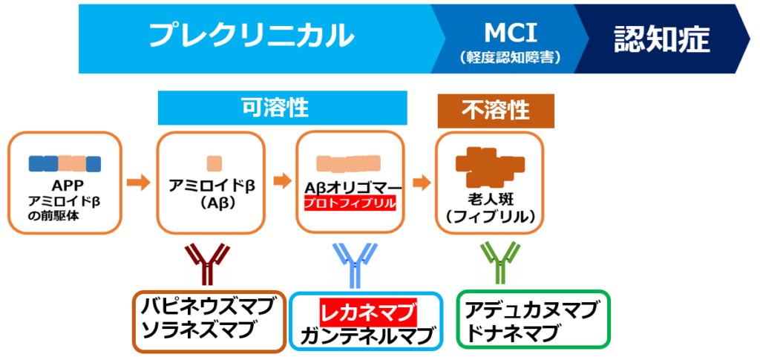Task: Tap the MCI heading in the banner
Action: tap(510, 30)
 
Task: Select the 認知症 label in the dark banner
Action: tap(661, 39)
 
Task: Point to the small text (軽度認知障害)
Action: tap(510, 56)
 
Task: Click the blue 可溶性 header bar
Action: tap(283, 108)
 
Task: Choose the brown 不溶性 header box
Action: tap(496, 110)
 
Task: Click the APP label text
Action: tap(65, 186)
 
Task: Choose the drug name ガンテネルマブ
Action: tap(367, 336)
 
